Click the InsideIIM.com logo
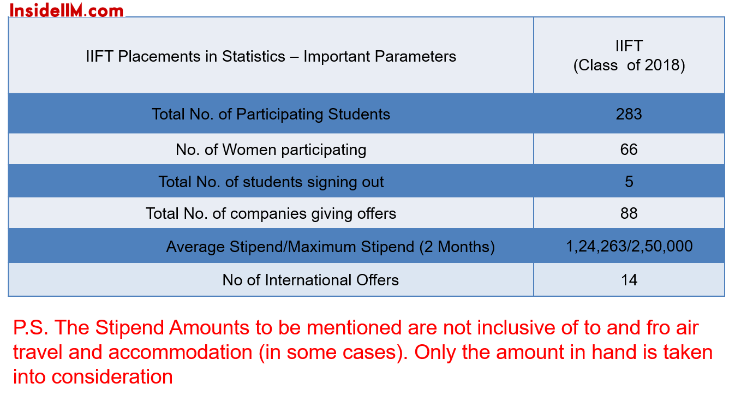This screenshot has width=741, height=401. tap(67, 10)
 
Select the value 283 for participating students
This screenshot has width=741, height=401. tap(629, 114)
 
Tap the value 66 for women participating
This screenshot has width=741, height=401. tap(629, 149)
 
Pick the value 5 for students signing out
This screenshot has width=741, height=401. tap(629, 182)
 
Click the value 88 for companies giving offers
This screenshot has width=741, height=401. tap(629, 213)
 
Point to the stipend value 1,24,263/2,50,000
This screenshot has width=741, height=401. tap(629, 247)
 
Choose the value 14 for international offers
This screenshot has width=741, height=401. tap(629, 280)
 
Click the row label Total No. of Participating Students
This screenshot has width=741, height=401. tap(271, 115)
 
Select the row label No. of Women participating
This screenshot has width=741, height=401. tap(271, 150)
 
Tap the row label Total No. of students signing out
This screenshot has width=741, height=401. tap(271, 182)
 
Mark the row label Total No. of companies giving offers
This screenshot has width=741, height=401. tap(271, 214)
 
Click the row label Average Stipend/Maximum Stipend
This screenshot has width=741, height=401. tap(331, 247)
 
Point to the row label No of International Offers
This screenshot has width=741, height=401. tap(310, 280)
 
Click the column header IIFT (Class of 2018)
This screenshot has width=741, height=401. tap(629, 56)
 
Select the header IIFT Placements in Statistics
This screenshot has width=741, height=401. tap(271, 57)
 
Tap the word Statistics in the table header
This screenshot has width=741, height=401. tap(253, 56)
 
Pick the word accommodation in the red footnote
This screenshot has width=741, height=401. tap(180, 352)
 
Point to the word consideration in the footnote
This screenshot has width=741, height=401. tap(112, 377)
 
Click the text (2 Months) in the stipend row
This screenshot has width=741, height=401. tap(457, 247)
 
